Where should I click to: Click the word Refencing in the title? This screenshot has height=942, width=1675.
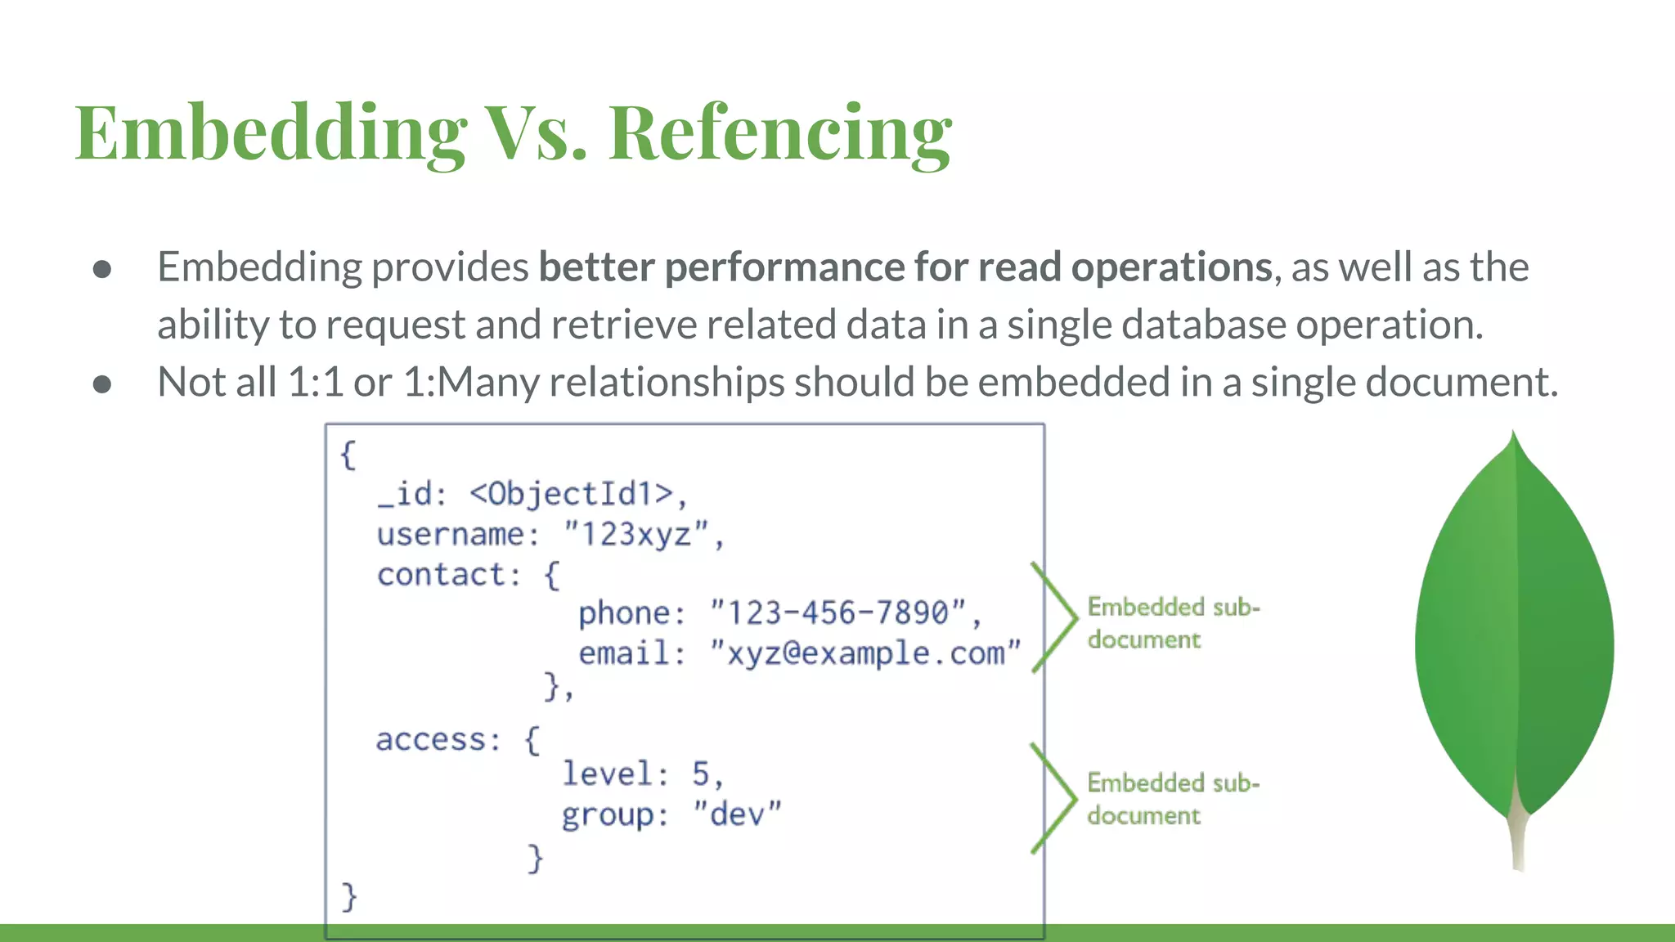(780, 133)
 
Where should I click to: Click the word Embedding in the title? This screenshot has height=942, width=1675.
(270, 133)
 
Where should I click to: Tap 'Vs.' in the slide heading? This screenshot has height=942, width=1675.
(536, 133)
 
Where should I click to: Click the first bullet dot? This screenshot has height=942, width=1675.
(102, 269)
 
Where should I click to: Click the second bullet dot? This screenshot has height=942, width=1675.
(102, 384)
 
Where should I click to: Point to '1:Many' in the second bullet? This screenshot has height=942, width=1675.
(471, 382)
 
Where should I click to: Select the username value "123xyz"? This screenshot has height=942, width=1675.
(636, 534)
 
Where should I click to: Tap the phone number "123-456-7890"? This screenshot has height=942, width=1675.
(838, 612)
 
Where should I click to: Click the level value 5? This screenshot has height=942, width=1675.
(701, 774)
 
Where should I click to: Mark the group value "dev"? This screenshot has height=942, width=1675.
(737, 814)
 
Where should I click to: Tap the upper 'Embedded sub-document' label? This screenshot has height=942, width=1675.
(1172, 623)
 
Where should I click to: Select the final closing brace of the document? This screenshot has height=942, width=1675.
(349, 896)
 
